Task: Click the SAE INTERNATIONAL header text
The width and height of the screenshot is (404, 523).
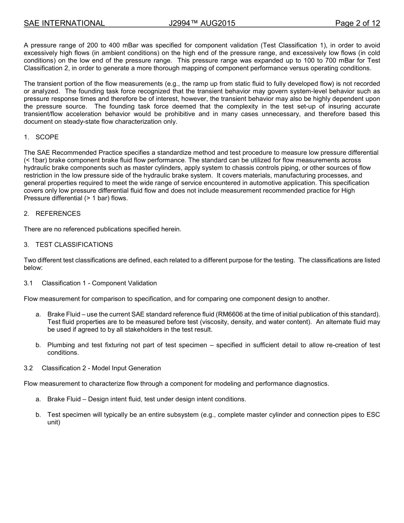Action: (64, 23)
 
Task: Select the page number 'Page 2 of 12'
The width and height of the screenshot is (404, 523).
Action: (357, 23)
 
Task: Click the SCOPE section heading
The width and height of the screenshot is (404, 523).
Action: (47, 137)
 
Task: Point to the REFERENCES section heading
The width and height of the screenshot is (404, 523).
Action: (58, 213)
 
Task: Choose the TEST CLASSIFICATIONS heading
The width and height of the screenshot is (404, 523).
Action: (74, 244)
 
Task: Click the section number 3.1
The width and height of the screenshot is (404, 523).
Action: (28, 283)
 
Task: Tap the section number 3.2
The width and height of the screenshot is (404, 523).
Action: (28, 368)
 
